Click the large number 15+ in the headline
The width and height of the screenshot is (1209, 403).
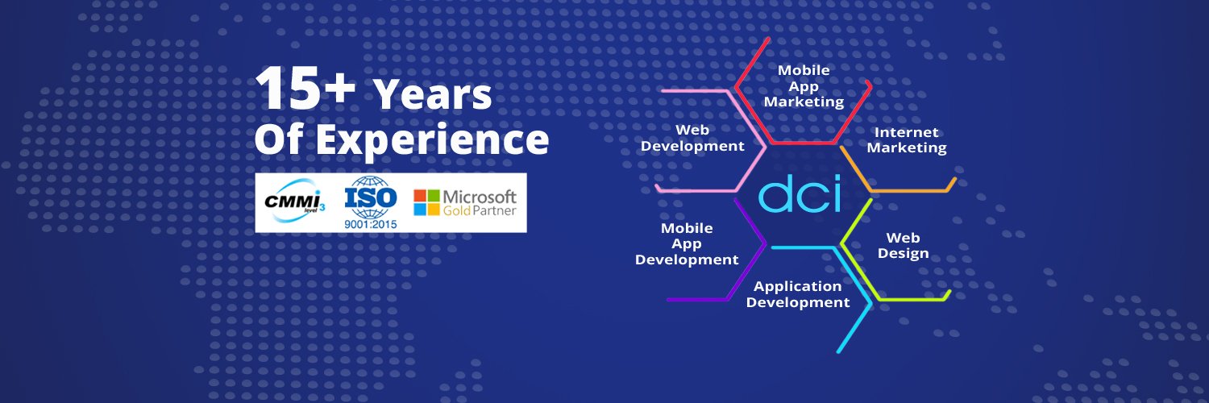click(305, 88)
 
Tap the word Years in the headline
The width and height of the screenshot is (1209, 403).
click(433, 94)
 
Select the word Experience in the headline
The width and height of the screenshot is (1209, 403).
click(432, 140)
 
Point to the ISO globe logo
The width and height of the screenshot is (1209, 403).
click(371, 197)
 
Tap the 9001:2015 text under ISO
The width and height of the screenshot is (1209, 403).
click(371, 224)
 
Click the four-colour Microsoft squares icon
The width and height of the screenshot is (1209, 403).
click(426, 202)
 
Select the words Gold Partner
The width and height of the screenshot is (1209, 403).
click(480, 210)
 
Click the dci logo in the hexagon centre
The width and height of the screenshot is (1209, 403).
click(800, 193)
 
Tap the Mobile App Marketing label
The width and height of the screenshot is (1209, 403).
click(804, 86)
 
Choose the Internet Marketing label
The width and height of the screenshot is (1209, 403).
click(907, 139)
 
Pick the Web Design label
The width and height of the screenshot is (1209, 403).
click(903, 246)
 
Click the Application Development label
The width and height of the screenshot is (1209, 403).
click(798, 294)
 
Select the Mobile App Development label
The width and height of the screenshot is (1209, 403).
click(687, 244)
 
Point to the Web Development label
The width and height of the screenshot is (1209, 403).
click(692, 138)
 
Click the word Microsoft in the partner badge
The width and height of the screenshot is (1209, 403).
click(480, 197)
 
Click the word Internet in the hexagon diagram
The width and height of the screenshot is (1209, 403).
click(906, 132)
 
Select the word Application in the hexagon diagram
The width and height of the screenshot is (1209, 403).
click(798, 286)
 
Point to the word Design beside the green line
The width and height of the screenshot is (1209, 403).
click(903, 254)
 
